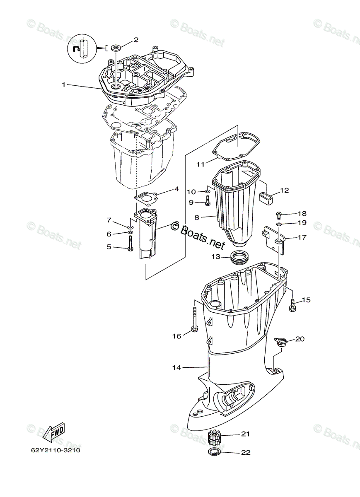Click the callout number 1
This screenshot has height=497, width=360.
tap(64, 84)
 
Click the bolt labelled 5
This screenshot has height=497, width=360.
tap(130, 242)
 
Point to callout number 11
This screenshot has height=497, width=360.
tap(201, 164)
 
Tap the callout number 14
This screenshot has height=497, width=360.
tap(177, 367)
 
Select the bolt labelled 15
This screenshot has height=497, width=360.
tap(292, 306)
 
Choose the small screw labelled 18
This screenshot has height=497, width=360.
tap(279, 215)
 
